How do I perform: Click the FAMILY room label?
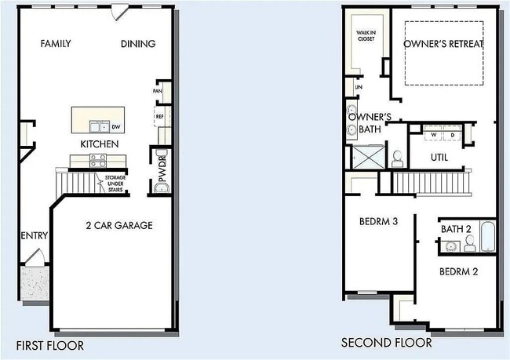pos(55,44)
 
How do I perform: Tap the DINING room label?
pos(138,44)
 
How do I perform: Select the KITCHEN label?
pos(100,144)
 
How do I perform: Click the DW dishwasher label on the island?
pos(115,126)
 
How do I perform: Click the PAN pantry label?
pos(158,92)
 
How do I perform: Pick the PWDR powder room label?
pos(162,178)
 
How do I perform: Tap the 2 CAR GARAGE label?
pos(118,226)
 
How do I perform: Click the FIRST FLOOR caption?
pos(52,345)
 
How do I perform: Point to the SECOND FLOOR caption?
pos(386,343)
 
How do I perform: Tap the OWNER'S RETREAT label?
pos(443,44)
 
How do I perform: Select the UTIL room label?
pos(439,158)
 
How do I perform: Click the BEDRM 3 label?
pos(379,222)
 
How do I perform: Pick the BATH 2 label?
pos(455,229)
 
